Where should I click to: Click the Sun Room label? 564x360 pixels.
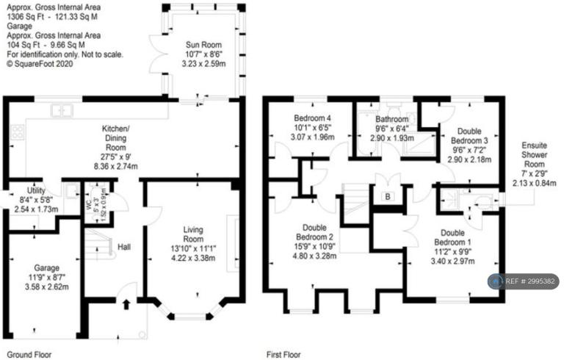[x=203, y=45]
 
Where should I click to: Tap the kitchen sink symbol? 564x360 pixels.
[x=62, y=110]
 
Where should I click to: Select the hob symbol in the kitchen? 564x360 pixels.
[x=18, y=132]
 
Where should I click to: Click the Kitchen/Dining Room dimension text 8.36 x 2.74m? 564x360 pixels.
[x=116, y=166]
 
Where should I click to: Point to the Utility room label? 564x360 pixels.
[x=36, y=190]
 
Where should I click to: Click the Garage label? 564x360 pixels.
[x=47, y=268]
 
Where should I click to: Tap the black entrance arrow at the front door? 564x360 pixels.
[x=126, y=304]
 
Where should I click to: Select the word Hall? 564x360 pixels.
[x=124, y=247]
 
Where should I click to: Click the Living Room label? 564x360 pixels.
[x=193, y=234]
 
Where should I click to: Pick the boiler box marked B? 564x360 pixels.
[x=388, y=197]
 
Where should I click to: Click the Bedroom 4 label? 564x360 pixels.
[x=312, y=118]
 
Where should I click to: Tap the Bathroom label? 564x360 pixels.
[x=392, y=119]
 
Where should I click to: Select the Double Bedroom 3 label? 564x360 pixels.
[x=469, y=136]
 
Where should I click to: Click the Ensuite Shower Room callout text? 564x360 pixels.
[x=534, y=155]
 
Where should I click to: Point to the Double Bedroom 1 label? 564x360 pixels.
[x=452, y=237]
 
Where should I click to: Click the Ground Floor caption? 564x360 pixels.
[x=29, y=355]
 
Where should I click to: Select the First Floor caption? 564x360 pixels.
[x=283, y=355]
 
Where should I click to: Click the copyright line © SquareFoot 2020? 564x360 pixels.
[x=40, y=64]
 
